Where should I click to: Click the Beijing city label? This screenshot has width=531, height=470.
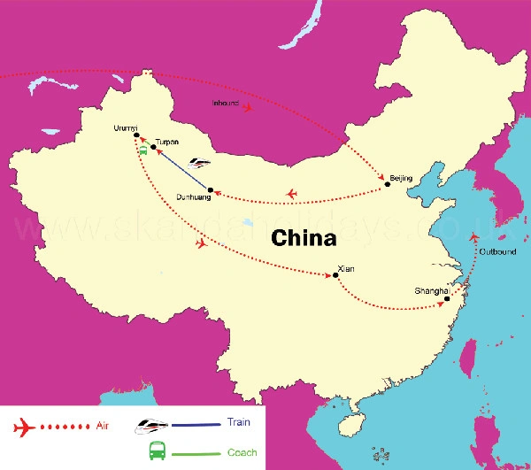pos(401,178)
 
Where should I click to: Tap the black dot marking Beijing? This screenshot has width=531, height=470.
pos(387,185)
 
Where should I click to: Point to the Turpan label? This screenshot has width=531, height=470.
pos(166,141)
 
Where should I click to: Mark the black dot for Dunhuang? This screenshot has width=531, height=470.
pos(210,189)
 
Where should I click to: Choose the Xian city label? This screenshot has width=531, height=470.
pos(346,267)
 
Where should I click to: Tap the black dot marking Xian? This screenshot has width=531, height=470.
pos(335,276)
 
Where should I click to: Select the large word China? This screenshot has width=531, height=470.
pos(304,237)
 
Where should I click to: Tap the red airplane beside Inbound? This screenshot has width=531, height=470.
pos(250,108)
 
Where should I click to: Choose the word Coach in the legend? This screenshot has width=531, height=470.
pos(242,452)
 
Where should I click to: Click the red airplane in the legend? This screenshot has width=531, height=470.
pos(24,428)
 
